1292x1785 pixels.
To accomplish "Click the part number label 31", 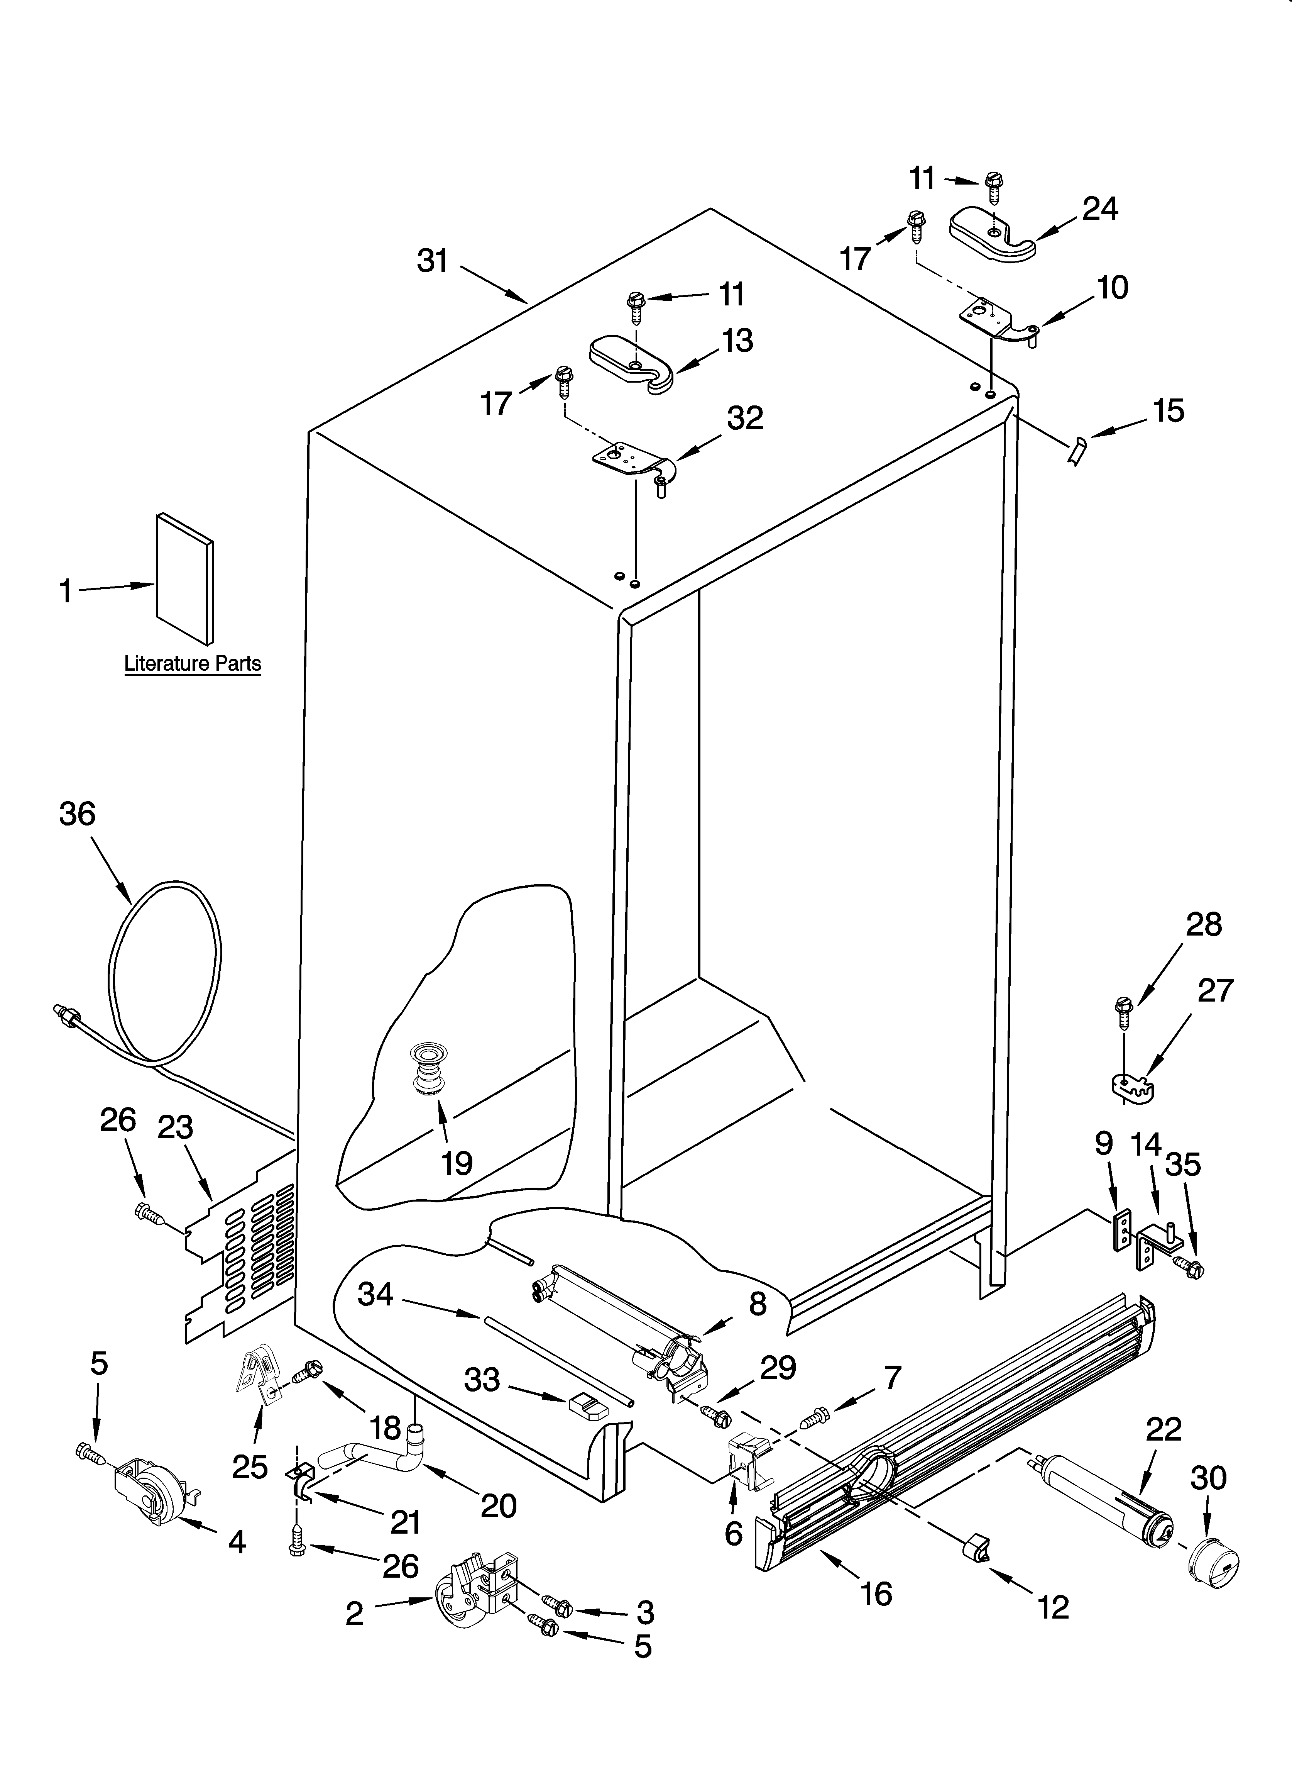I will pos(432,261).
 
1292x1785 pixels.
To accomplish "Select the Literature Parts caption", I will pos(193,663).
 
